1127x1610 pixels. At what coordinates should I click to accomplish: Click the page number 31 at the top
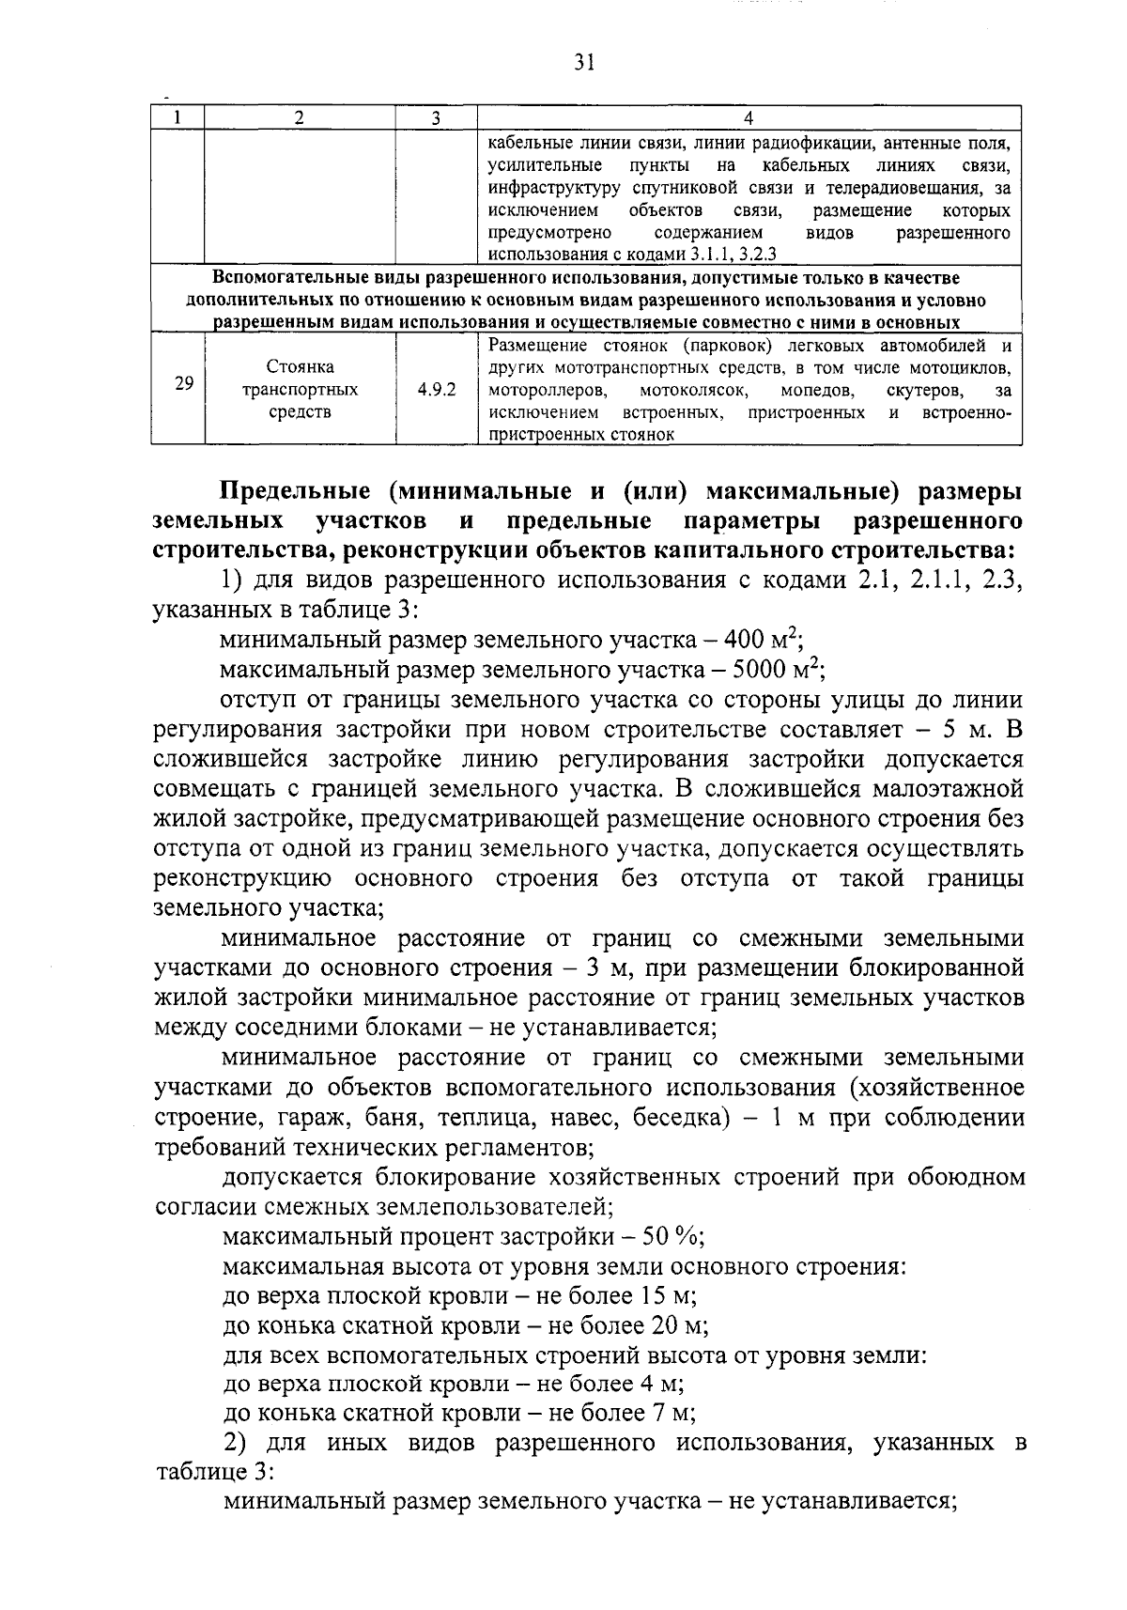pos(583,62)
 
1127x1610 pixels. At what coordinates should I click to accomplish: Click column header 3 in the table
pos(435,117)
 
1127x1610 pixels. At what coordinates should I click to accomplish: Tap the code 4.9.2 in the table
pos(437,389)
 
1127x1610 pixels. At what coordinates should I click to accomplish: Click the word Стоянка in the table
pos(300,366)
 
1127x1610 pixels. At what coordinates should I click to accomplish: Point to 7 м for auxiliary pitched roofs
pos(672,1414)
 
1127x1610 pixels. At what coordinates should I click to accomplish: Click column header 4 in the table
pos(749,117)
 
